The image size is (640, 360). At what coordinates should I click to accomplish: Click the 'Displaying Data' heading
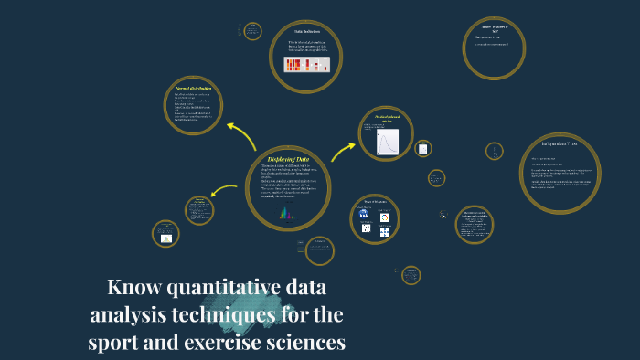[x=288, y=159]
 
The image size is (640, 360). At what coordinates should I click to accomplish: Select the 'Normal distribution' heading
[x=194, y=88]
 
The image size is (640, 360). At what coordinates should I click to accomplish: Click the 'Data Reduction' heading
[x=306, y=32]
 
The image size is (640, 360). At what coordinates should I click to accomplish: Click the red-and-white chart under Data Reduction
[x=306, y=65]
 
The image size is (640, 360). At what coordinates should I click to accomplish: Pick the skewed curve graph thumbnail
[x=388, y=142]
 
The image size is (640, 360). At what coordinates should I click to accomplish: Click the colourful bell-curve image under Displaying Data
[x=286, y=214]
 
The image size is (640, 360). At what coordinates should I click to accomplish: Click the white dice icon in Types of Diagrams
[x=366, y=228]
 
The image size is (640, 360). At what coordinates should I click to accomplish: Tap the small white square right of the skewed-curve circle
[x=422, y=149]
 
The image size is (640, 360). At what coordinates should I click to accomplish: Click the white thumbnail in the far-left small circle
[x=166, y=238]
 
